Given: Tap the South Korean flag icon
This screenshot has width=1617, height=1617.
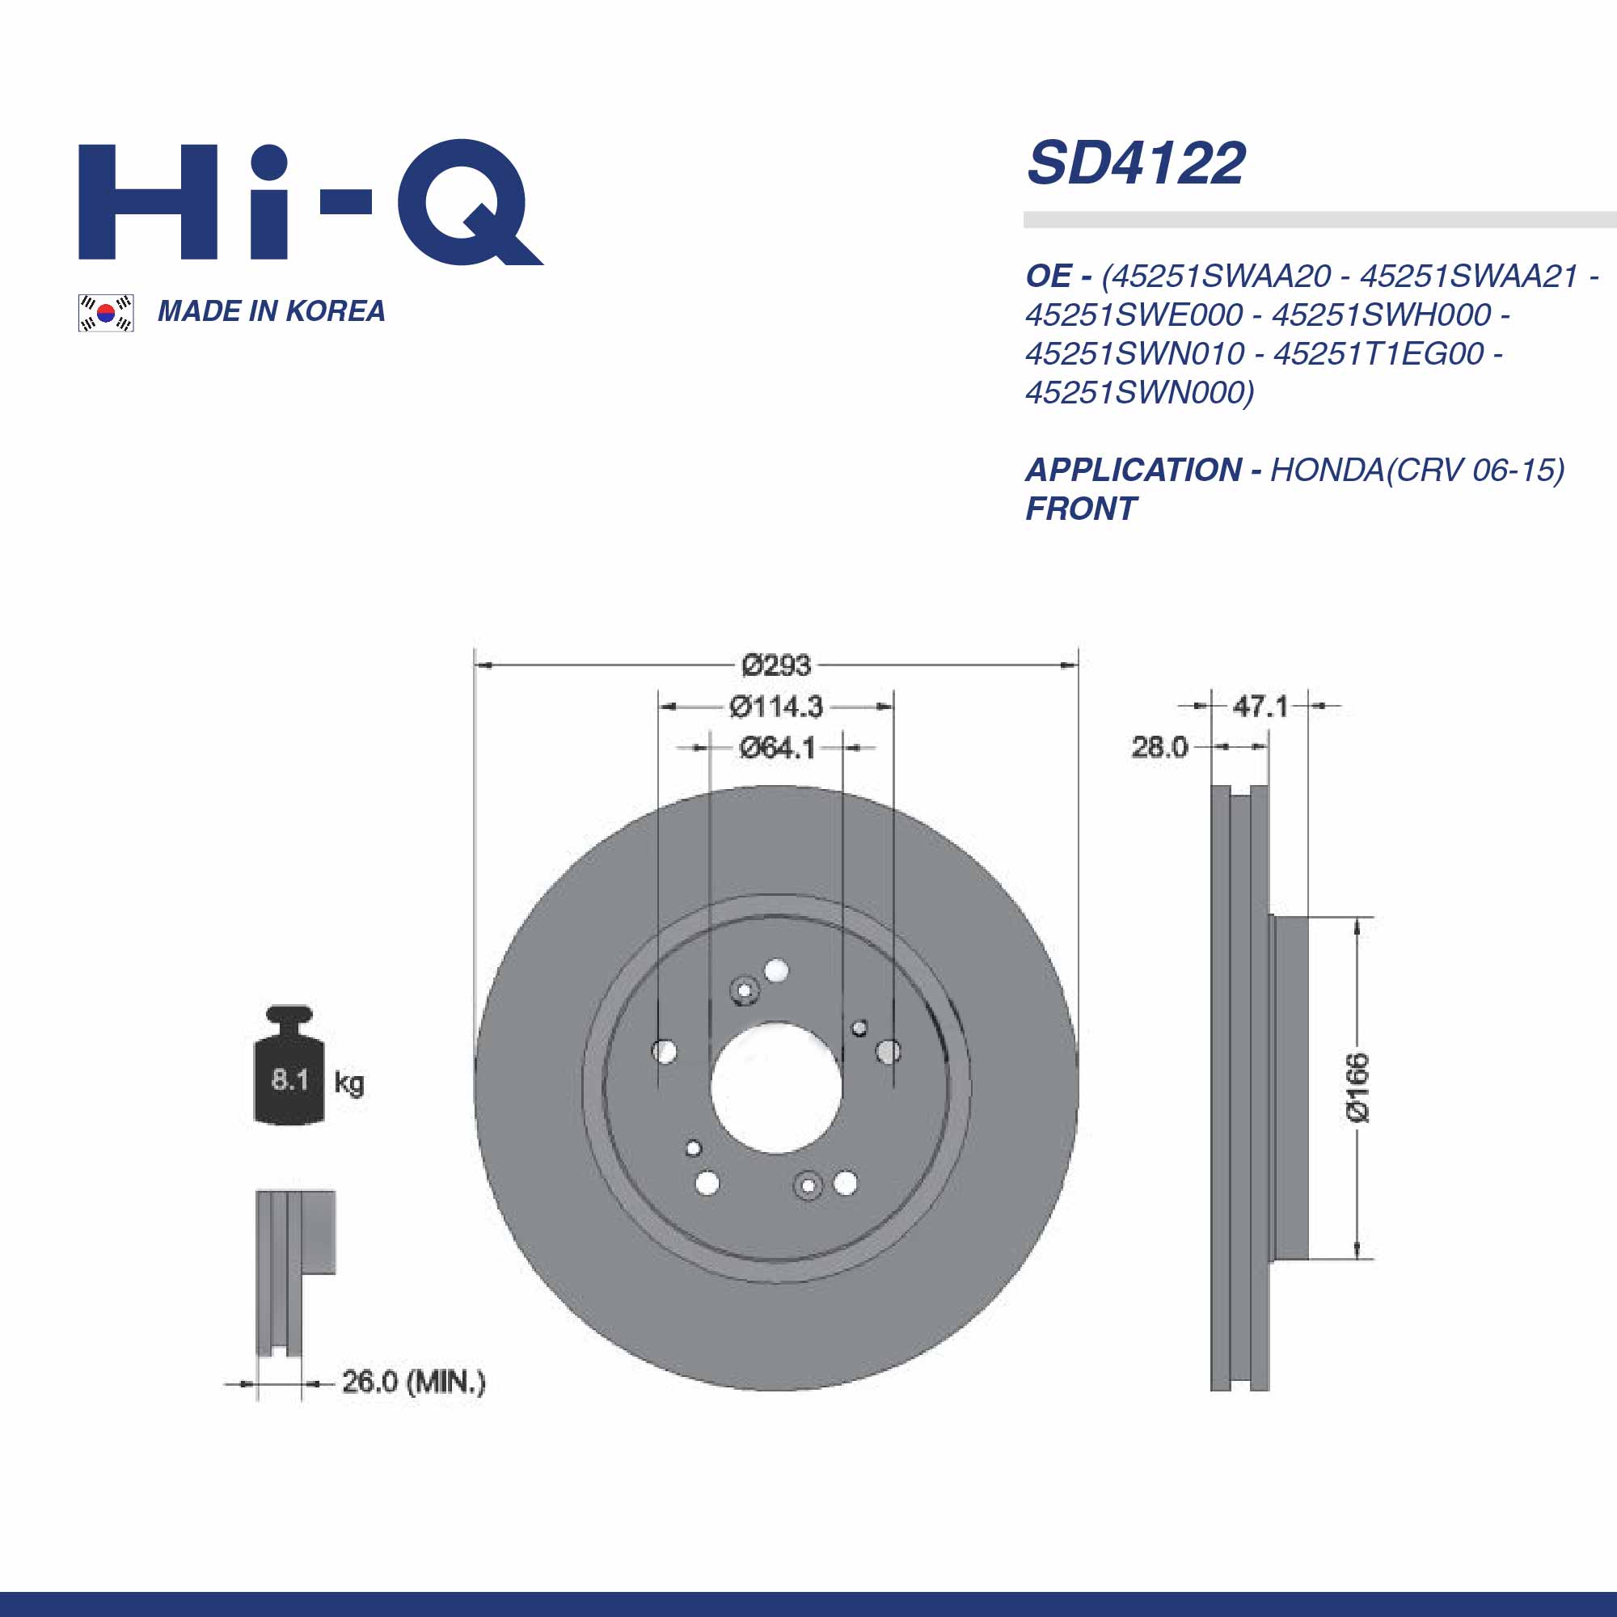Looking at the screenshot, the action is coord(106,313).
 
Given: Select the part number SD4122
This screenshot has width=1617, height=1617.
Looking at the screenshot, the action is coord(1136,163).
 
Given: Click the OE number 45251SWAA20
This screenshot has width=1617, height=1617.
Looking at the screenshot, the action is coord(1216,277).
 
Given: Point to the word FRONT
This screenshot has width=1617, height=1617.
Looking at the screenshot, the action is coord(1081,509).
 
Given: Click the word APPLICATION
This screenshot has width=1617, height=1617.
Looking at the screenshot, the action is coord(1134,471).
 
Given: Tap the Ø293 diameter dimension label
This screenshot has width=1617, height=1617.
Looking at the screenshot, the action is coord(776,665).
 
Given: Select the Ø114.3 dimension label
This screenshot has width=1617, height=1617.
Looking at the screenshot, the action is coord(776,707).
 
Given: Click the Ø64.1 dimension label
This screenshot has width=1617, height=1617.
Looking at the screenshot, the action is coord(777,747).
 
